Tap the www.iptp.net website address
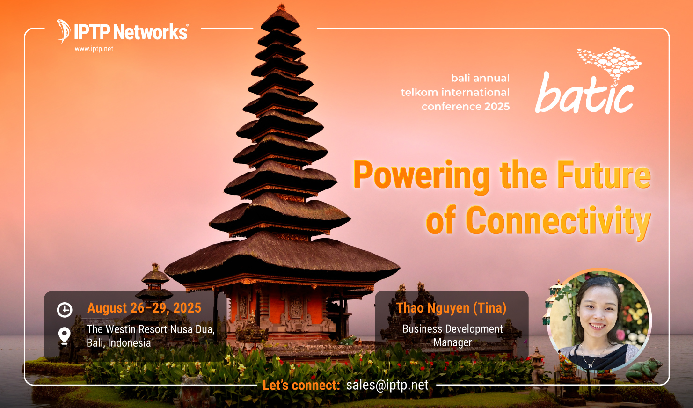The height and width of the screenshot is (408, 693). [94, 49]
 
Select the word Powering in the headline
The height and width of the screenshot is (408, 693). [421, 175]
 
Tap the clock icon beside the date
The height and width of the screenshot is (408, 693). [65, 310]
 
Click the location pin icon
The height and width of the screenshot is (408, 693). [65, 335]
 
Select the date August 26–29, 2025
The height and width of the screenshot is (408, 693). [144, 308]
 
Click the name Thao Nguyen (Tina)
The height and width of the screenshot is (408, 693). [451, 308]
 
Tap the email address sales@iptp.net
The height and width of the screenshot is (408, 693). [387, 385]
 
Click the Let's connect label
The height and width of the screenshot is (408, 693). [301, 385]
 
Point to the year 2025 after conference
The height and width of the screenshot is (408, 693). [497, 107]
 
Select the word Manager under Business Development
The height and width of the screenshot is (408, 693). [452, 342]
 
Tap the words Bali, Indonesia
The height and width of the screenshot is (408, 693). [118, 343]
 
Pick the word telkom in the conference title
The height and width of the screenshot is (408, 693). [419, 93]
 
